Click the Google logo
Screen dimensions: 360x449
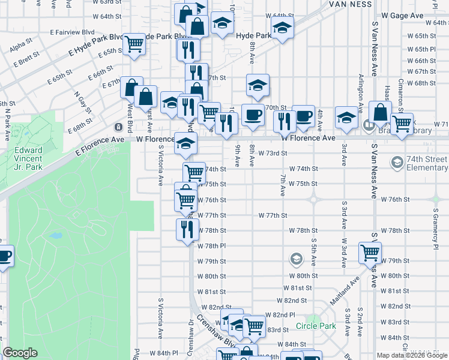coord(20,353)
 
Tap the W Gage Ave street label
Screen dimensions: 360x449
coord(402,16)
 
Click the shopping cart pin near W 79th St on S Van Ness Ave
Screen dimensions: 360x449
coord(370,253)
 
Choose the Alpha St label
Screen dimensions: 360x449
coord(20,43)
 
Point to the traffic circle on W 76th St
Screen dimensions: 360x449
coord(313,199)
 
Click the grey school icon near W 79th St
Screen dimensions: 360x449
coord(295,259)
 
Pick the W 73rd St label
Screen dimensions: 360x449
coord(273,153)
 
